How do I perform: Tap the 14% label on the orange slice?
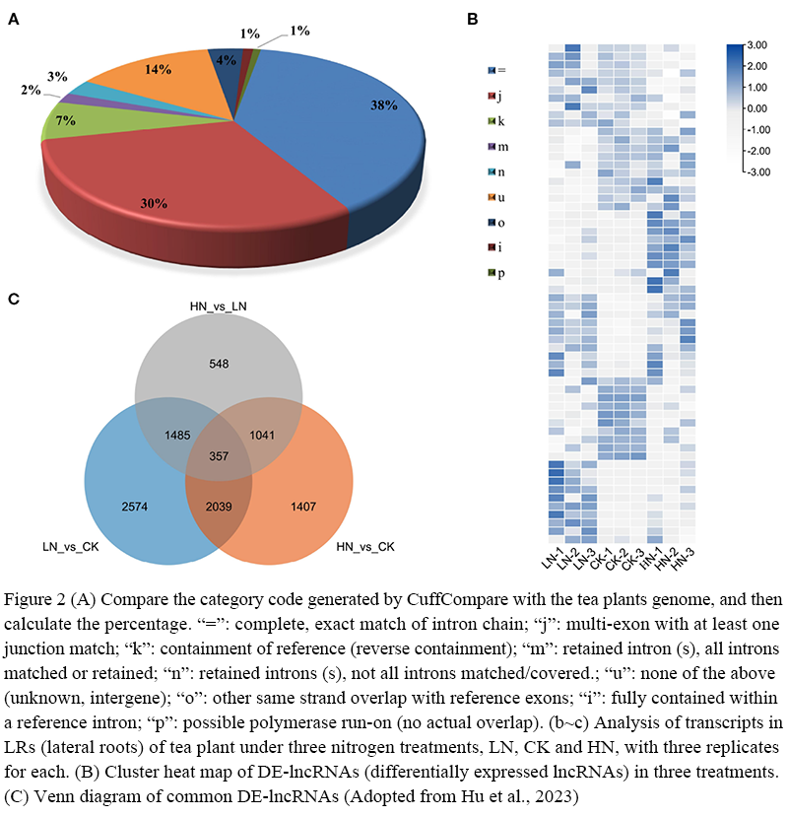(159, 70)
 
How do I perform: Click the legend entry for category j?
(501, 96)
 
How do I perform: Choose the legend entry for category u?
(501, 197)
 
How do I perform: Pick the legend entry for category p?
(501, 273)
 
